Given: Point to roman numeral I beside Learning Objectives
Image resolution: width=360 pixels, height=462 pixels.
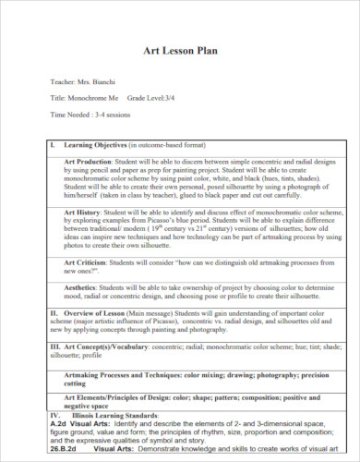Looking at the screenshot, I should click(x=52, y=145).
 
